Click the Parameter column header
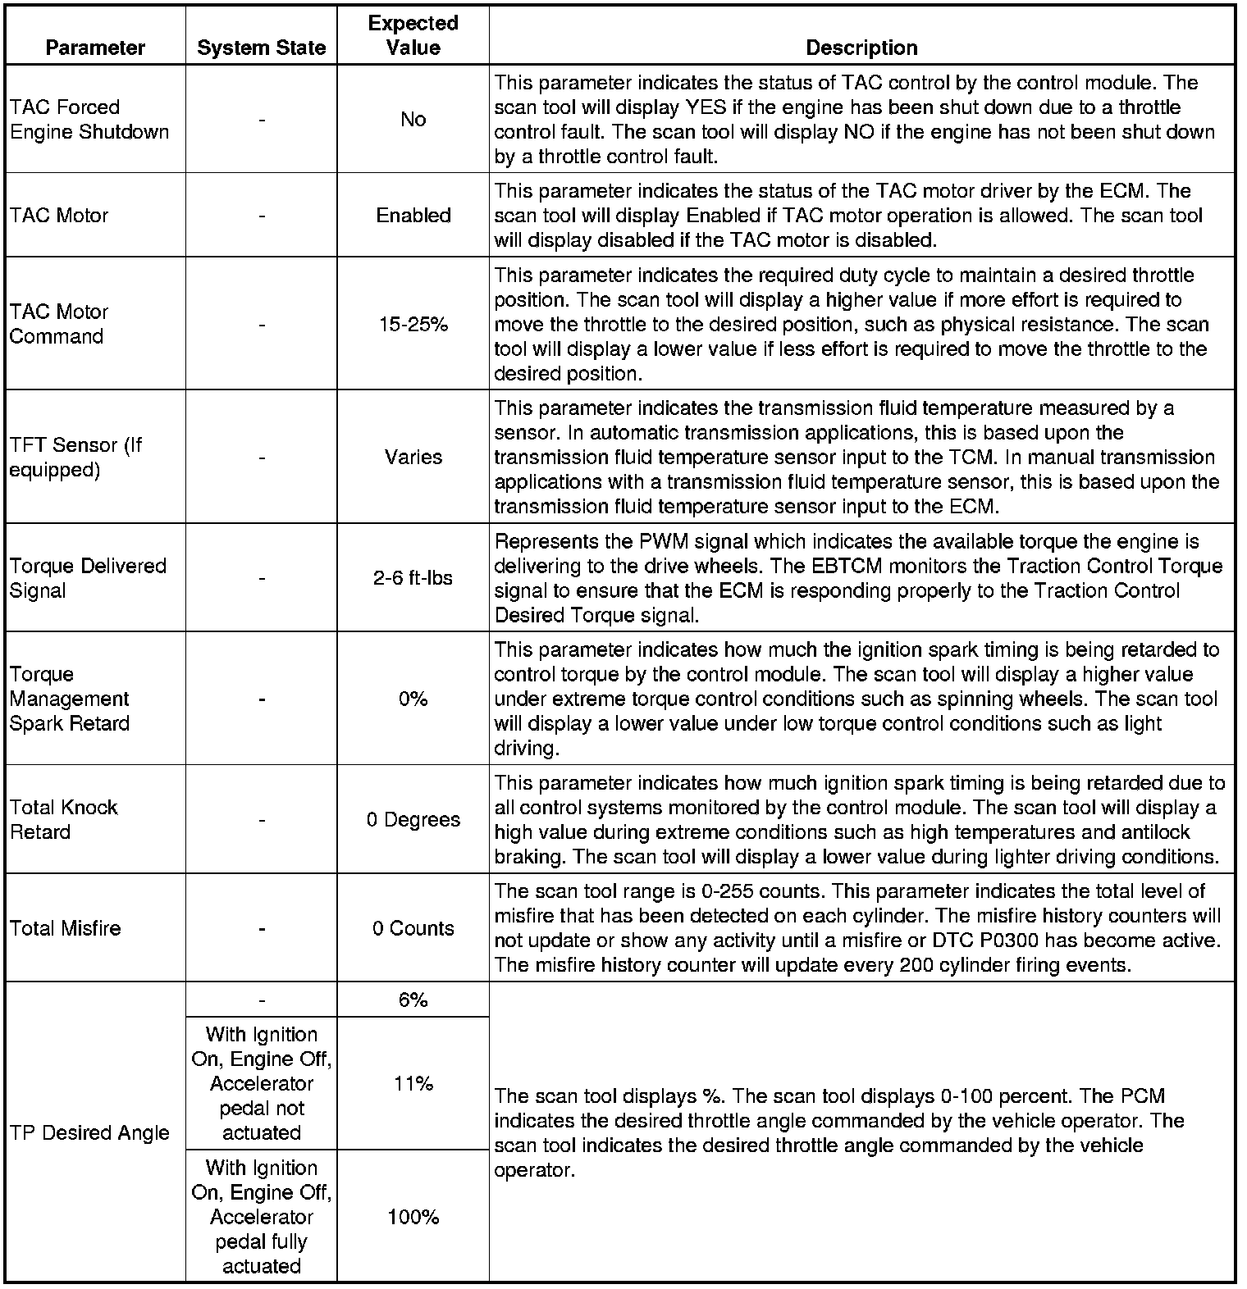coord(95,48)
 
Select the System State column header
coord(261,48)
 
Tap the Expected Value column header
coord(413,35)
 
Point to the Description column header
coord(861,48)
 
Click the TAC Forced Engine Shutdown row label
coord(89,120)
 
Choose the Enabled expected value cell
coord(413,216)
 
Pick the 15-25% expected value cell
coord(413,325)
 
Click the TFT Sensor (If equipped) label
coord(75,458)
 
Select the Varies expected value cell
coord(413,458)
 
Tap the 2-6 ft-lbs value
coord(413,578)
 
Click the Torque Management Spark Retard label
coord(70,699)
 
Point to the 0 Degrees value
coord(413,820)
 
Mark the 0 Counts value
coord(413,928)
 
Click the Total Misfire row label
coord(66,928)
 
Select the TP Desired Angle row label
coord(89,1132)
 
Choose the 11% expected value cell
coord(413,1083)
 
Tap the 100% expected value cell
coord(413,1217)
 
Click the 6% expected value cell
coord(413,1000)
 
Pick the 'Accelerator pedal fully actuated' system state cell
coord(261,1217)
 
